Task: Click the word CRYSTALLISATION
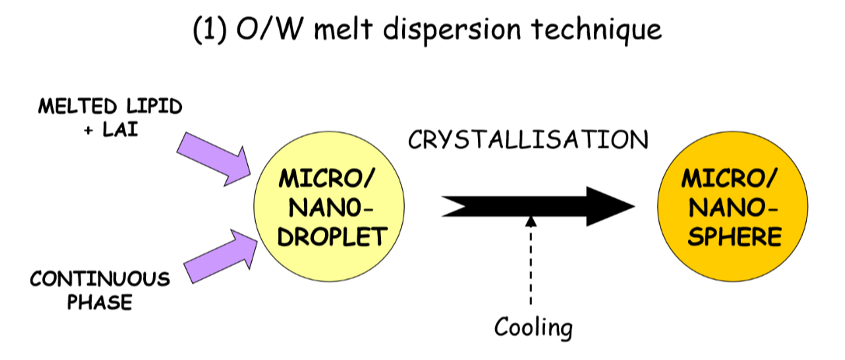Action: pos(528,140)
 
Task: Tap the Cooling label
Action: pos(534,327)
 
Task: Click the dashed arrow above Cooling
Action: pos(532,260)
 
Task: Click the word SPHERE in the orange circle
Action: pos(732,236)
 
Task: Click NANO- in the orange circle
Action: pos(732,208)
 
